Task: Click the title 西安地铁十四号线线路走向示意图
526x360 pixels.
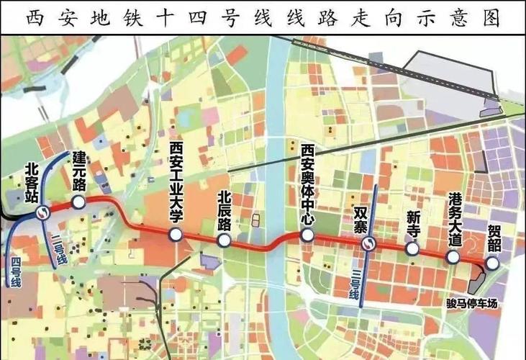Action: pyautogui.click(x=263, y=17)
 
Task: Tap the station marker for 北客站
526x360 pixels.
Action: pyautogui.click(x=43, y=212)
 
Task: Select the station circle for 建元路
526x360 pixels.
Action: pyautogui.click(x=78, y=202)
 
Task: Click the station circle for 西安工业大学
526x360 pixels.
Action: pyautogui.click(x=175, y=234)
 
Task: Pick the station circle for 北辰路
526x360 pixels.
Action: pyautogui.click(x=223, y=241)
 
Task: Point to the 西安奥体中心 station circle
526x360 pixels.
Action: pyautogui.click(x=307, y=235)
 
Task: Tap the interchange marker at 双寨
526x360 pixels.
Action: pyautogui.click(x=367, y=244)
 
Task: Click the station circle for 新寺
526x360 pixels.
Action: pyautogui.click(x=412, y=248)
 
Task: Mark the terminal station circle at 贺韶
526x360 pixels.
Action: pyautogui.click(x=493, y=264)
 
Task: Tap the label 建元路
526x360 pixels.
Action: pyautogui.click(x=78, y=170)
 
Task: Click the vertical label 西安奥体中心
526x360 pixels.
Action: pyautogui.click(x=307, y=183)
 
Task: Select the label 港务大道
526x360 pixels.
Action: pyautogui.click(x=454, y=220)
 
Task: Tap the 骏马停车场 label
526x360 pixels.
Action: pyautogui.click(x=471, y=303)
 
